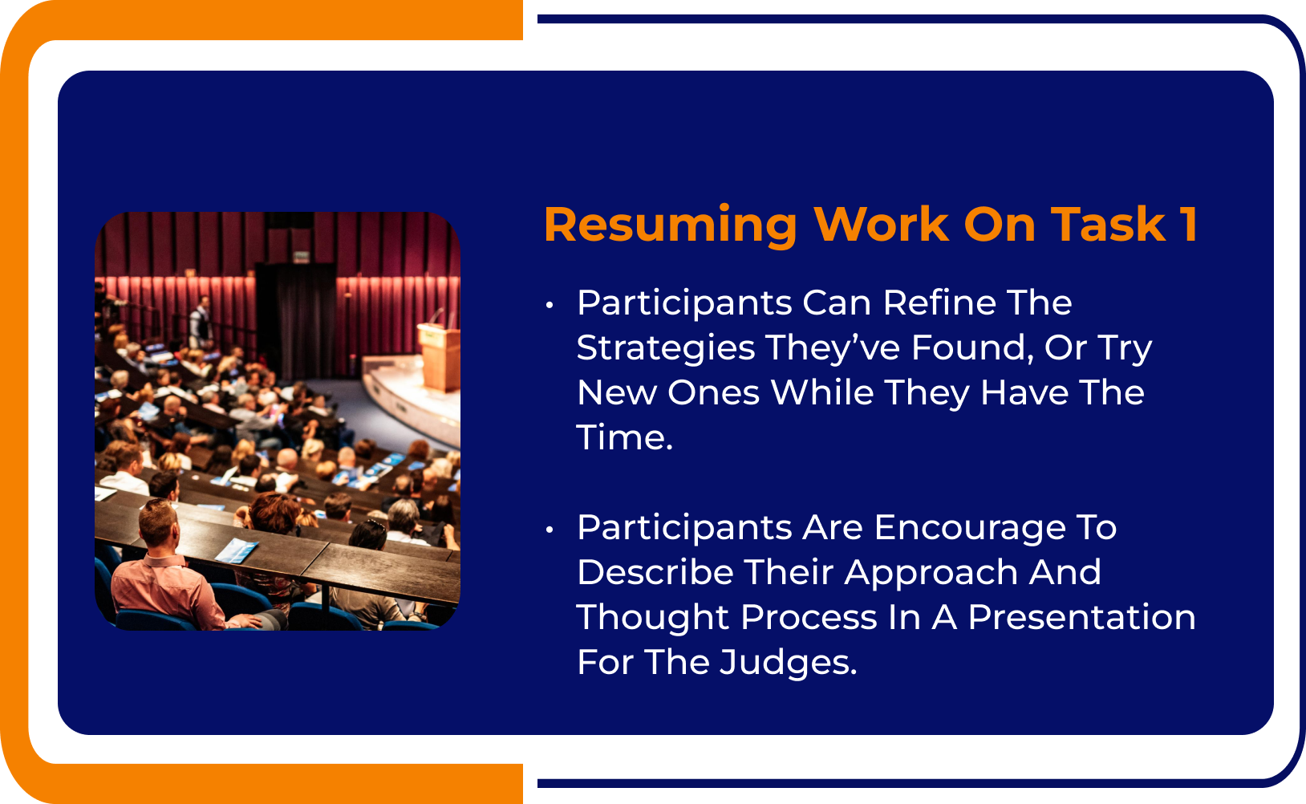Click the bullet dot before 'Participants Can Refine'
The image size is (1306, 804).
(x=550, y=305)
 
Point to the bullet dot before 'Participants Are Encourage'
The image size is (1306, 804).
(x=550, y=530)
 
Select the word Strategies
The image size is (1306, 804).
(x=666, y=348)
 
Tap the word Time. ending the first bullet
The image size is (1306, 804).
(x=624, y=438)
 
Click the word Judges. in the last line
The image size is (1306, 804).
(x=788, y=663)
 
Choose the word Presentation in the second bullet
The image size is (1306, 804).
(x=1081, y=618)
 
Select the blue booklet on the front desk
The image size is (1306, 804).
(x=237, y=550)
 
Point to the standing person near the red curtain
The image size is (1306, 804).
(x=201, y=321)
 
